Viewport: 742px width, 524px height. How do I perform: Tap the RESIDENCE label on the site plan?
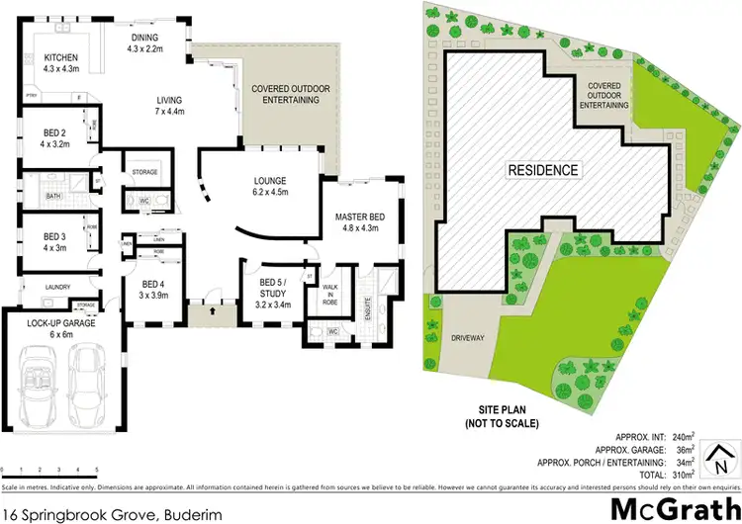coord(543,169)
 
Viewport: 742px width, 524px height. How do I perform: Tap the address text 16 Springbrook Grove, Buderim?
coord(107,513)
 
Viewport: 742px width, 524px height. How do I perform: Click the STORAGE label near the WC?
coord(144,172)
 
